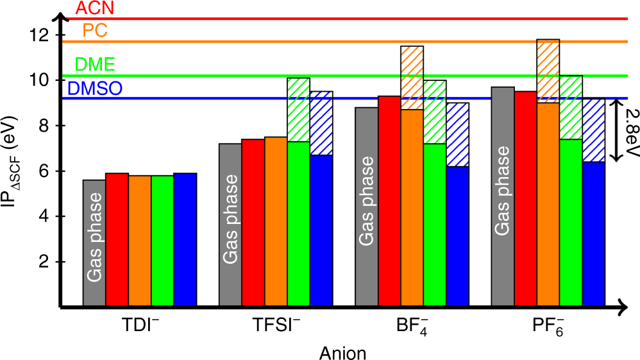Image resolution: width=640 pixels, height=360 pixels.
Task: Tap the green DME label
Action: tap(96, 64)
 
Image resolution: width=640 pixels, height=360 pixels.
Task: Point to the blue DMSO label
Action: tap(94, 89)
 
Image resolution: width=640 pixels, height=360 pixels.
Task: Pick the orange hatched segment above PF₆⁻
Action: tap(548, 71)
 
